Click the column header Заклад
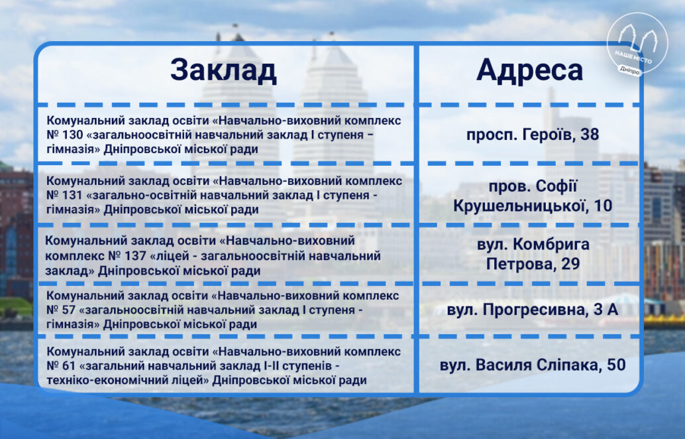tap(223, 70)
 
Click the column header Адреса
tap(529, 70)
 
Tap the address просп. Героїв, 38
tap(533, 134)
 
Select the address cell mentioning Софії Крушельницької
tap(533, 196)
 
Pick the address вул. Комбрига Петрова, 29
tap(533, 254)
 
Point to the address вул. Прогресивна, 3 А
tap(533, 310)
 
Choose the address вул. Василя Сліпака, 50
tap(533, 365)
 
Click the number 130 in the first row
tap(72, 135)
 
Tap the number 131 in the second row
tap(72, 196)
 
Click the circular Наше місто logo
tap(637, 43)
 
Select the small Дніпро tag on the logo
tap(629, 70)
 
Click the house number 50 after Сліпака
tap(616, 365)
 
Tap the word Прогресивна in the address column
tap(534, 310)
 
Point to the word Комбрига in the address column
tap(551, 245)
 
